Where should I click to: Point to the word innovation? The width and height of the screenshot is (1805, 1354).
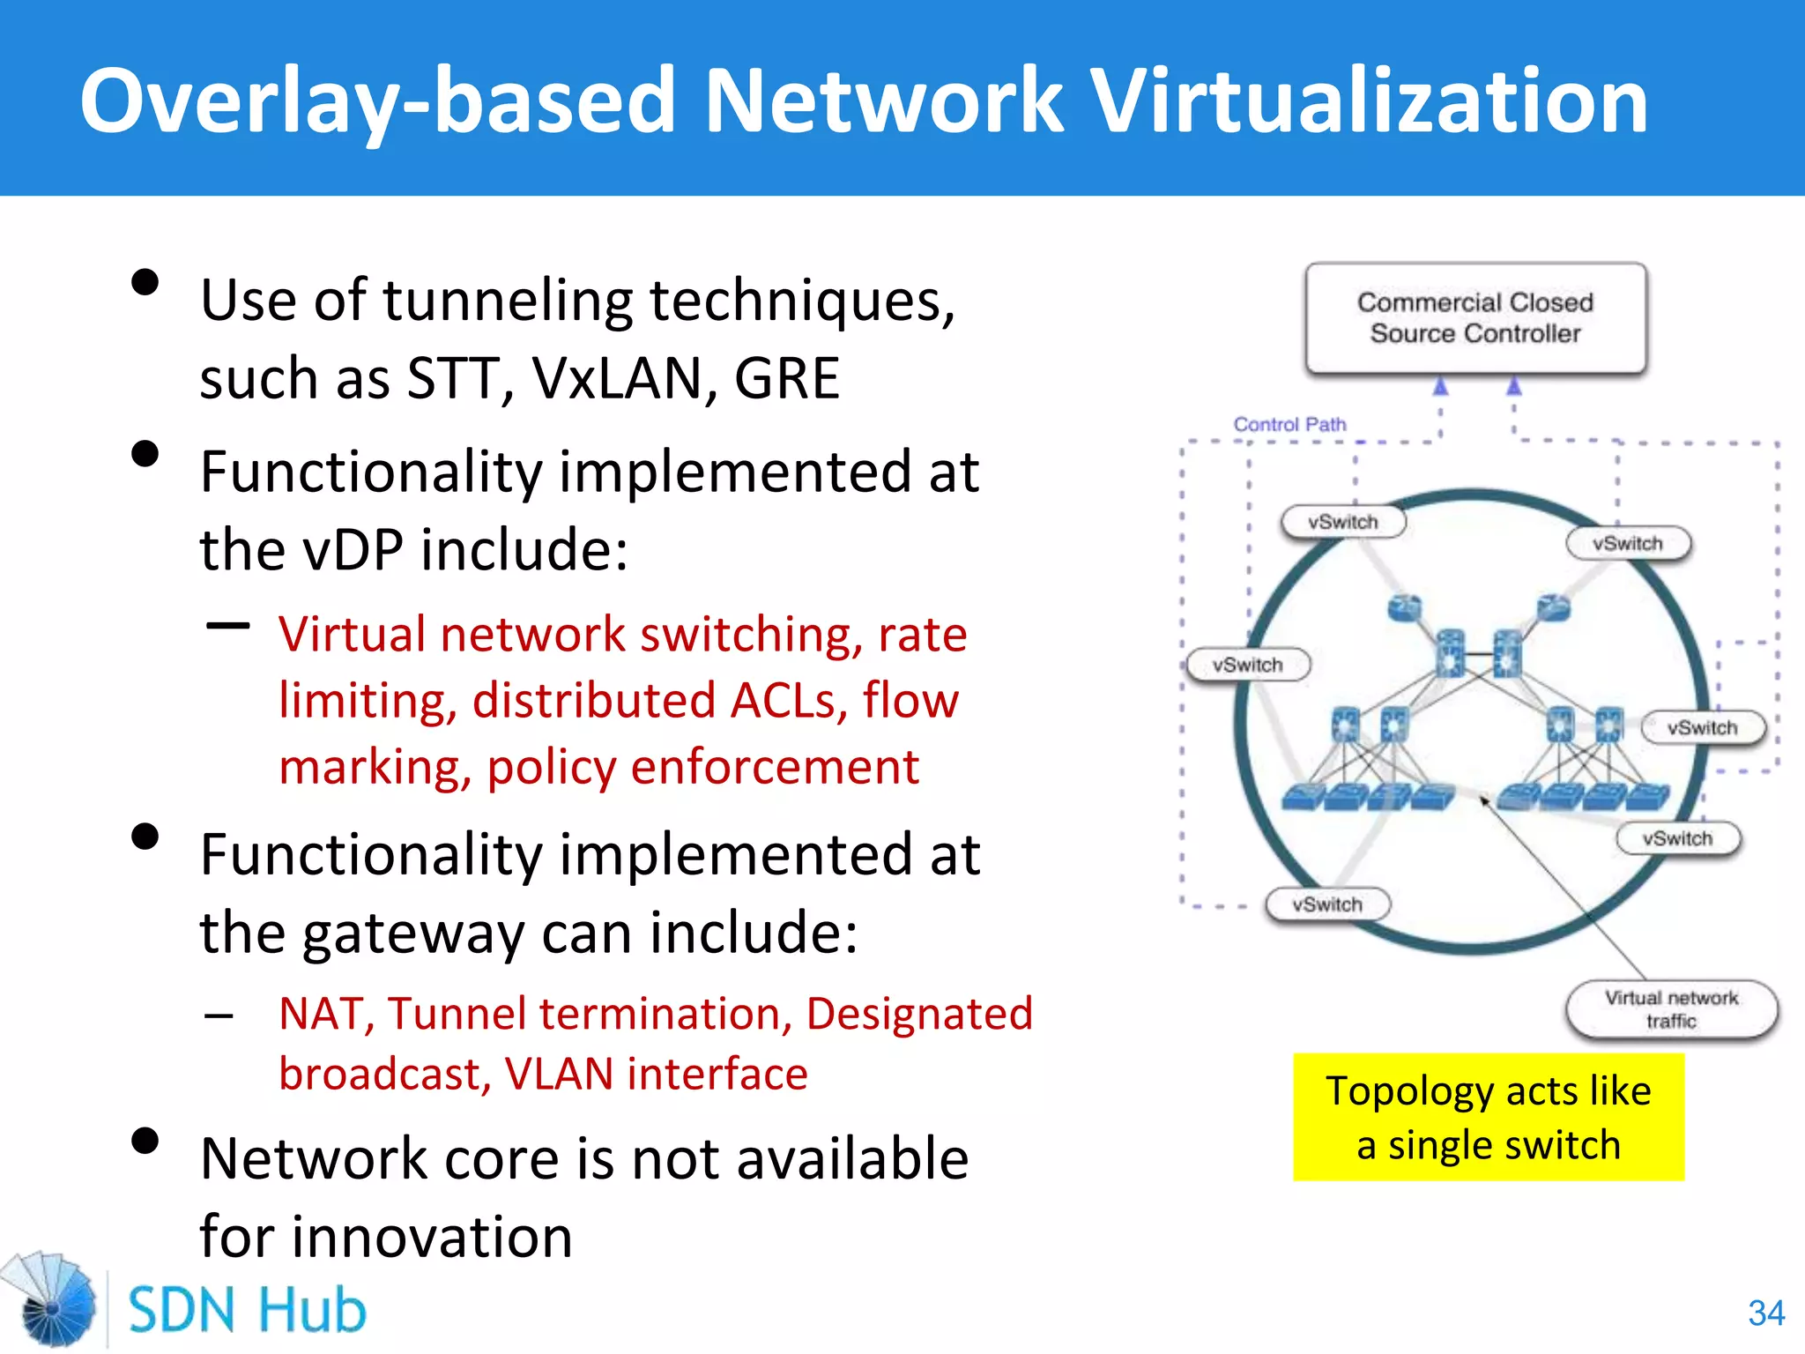tap(432, 1237)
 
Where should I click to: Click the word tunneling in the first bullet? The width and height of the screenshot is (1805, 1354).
tap(508, 301)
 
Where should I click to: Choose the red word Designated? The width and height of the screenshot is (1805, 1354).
tap(918, 1014)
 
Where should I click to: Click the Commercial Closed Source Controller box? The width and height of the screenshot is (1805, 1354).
tap(1475, 318)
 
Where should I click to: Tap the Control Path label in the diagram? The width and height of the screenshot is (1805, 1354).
tap(1289, 424)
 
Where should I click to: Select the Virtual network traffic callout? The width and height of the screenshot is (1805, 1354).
tap(1671, 1009)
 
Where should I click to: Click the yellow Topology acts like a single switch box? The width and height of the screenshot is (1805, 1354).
tap(1488, 1117)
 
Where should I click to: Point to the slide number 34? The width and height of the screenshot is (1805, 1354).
tap(1766, 1313)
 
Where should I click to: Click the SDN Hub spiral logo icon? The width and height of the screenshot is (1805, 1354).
tap(51, 1300)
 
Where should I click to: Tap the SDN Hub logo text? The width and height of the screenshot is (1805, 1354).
tap(247, 1310)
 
